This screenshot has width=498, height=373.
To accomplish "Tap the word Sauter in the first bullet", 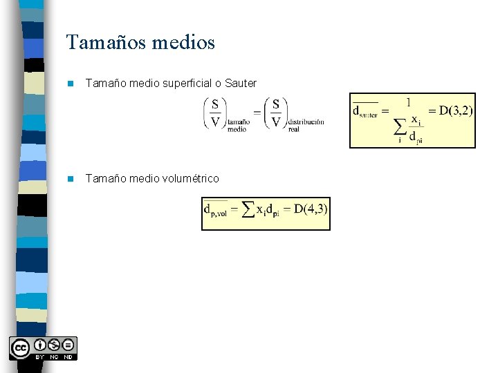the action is click(241, 84).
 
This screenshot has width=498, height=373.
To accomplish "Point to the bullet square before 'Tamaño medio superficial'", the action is click(69, 84).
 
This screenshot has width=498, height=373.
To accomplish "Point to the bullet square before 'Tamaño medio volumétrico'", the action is click(69, 179).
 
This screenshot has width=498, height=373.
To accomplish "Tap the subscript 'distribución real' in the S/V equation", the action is click(306, 125).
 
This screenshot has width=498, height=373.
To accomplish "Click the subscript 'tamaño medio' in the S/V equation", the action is click(237, 125).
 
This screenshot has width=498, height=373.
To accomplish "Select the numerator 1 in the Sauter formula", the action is click(408, 102).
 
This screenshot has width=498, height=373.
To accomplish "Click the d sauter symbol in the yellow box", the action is click(366, 112).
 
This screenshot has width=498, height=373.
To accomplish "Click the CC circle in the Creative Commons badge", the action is click(20, 346).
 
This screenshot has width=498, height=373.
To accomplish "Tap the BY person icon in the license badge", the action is click(39, 345).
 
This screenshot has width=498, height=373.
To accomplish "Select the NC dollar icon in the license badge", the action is click(54, 345).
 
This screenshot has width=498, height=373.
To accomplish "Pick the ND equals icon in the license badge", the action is click(68, 345).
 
